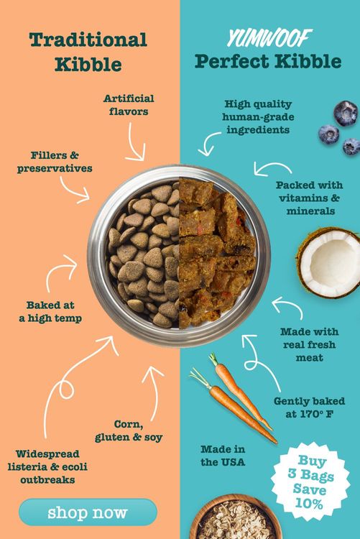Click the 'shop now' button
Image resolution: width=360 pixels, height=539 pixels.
(x=88, y=512)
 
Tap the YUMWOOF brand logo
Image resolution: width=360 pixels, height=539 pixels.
(x=269, y=38)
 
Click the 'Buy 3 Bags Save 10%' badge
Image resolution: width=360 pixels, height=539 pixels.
(x=310, y=482)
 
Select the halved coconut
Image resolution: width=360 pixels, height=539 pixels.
(x=328, y=262)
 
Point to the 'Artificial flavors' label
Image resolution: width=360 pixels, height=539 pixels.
(x=129, y=105)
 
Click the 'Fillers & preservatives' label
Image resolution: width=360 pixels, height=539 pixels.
(x=55, y=162)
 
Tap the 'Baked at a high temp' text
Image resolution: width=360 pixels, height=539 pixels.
(x=50, y=311)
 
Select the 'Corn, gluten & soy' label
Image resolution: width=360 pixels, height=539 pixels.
(x=129, y=430)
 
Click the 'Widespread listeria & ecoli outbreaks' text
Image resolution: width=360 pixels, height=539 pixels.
(x=47, y=466)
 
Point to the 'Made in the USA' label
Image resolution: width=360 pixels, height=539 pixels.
(x=223, y=456)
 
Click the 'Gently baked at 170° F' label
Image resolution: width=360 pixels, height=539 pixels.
(x=309, y=407)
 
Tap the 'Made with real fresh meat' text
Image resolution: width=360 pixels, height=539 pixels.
(x=310, y=344)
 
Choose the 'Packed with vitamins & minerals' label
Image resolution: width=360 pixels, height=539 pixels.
(x=310, y=198)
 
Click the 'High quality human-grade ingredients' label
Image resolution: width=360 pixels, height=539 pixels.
(x=258, y=117)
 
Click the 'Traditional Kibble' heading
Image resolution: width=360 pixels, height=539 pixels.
(x=88, y=52)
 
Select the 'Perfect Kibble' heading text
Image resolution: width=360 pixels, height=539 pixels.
(x=268, y=61)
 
